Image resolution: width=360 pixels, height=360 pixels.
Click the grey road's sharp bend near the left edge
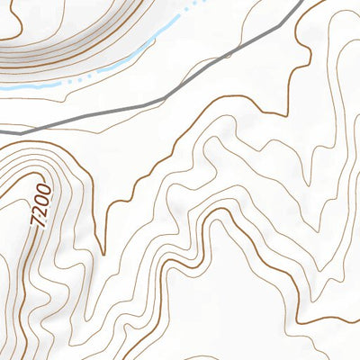(x=20, y=133)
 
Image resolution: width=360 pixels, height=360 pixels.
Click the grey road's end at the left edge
(x=1, y=131)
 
